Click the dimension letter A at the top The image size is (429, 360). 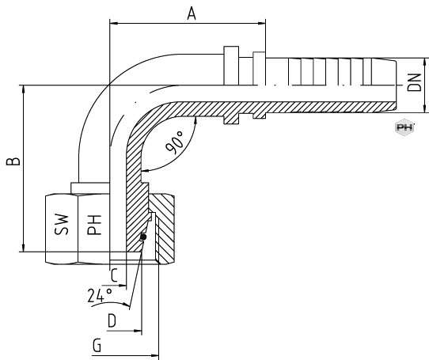tap(192, 13)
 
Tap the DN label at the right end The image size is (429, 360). tap(414, 82)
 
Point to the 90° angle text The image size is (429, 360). tap(175, 142)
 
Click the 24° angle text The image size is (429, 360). tap(100, 295)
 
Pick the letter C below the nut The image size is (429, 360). tap(114, 275)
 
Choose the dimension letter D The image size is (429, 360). tap(112, 320)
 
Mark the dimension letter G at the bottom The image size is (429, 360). tap(97, 345)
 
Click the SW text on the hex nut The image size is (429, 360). tap(61, 225)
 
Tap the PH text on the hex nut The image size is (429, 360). tap(94, 225)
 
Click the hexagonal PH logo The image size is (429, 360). tap(404, 127)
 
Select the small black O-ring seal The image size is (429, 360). tap(142, 237)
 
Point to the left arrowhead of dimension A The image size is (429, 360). tap(113, 23)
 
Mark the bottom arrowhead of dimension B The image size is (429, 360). tap(24, 248)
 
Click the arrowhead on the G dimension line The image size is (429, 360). tap(154, 355)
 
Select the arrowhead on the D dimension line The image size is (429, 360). tap(138, 331)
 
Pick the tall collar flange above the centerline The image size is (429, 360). tap(231, 66)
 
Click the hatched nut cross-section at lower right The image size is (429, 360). tap(161, 229)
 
